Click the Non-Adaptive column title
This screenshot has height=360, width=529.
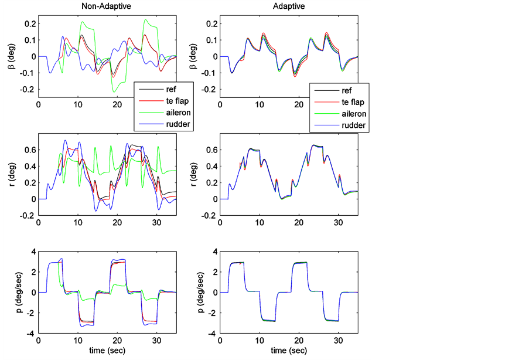[107, 6]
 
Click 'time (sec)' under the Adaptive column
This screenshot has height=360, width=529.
[288, 350]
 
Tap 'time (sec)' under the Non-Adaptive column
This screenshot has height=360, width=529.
[107, 350]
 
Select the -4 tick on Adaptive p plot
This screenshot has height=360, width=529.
[213, 334]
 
